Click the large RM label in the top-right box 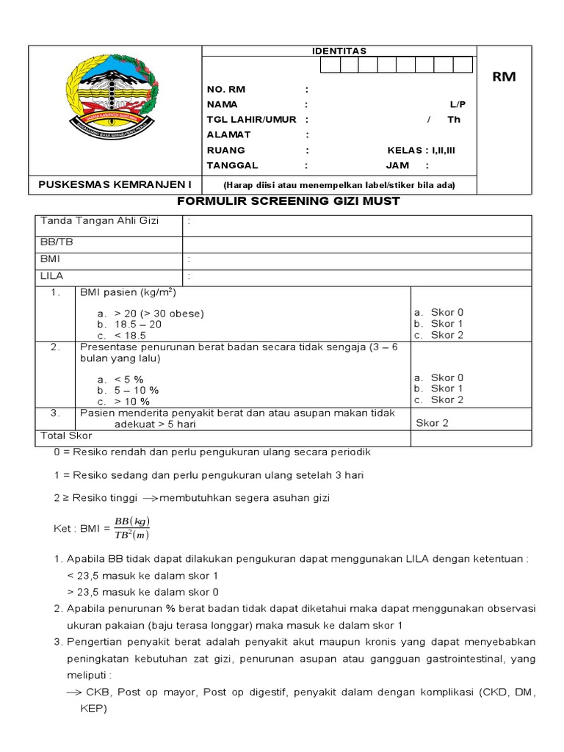504,77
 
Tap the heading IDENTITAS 339,51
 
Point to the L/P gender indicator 458,104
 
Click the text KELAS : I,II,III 421,150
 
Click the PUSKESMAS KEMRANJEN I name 114,184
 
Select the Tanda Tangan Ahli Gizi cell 99,221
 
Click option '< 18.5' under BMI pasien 130,336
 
